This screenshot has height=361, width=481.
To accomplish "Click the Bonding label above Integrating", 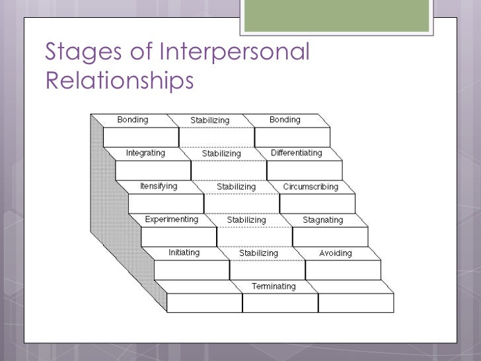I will (x=132, y=120).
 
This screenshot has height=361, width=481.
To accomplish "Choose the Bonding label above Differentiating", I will (x=284, y=120).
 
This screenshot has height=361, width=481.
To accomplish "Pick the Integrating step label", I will (x=145, y=153).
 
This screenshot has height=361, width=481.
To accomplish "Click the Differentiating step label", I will (x=296, y=153).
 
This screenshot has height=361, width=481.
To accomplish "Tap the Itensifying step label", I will (x=158, y=186).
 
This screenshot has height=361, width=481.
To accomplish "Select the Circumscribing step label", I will (x=310, y=186).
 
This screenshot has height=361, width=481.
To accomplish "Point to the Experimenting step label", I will (x=171, y=219).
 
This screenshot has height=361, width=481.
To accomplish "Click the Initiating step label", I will (x=184, y=253).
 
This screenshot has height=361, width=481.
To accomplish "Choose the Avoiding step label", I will (x=335, y=253).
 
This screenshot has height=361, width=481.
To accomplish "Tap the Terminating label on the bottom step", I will (x=273, y=286).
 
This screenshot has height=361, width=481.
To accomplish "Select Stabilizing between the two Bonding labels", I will (x=209, y=120).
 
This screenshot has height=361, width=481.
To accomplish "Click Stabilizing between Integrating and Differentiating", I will (x=221, y=153).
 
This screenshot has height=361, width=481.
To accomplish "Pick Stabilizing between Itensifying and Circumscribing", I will (x=236, y=186).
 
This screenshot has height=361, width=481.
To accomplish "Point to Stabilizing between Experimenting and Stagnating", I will (x=246, y=220).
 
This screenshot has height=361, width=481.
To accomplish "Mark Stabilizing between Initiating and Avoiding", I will (x=258, y=253).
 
